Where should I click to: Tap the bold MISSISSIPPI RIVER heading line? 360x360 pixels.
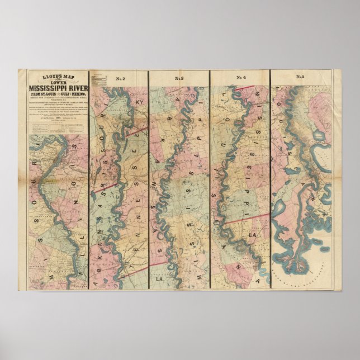(x=54, y=87)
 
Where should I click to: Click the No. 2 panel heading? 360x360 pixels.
(x=119, y=78)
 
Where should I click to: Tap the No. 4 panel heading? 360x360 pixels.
(x=240, y=78)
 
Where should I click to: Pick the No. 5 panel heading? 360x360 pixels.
(x=301, y=78)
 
